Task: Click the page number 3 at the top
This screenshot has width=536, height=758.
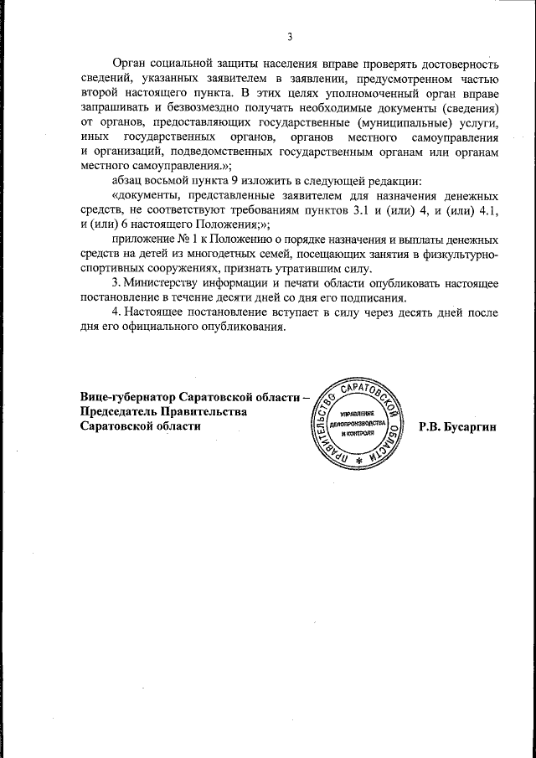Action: [x=290, y=36]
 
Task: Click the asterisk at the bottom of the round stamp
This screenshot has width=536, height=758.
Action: [x=360, y=461]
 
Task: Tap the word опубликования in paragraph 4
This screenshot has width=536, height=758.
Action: [x=239, y=327]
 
